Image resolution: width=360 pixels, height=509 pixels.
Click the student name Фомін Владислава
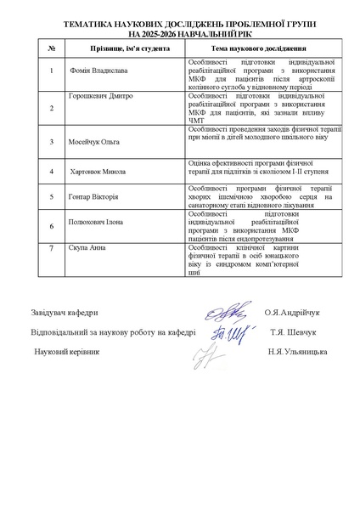pos(100,71)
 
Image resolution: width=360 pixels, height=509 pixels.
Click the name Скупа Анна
pos(87,248)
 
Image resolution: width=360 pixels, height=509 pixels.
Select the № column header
pos(52,51)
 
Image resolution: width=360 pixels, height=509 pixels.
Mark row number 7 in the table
pos(52,248)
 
